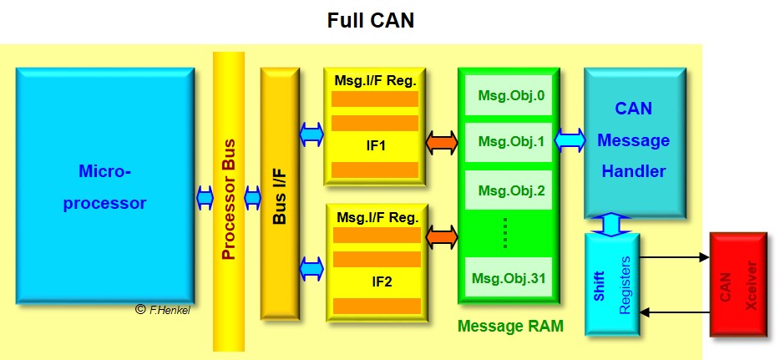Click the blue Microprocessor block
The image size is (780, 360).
(104, 185)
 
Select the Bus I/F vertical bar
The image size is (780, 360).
(280, 194)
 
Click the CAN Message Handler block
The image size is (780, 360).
(634, 140)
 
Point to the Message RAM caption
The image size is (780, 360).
(509, 327)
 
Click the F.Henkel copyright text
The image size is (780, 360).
(165, 310)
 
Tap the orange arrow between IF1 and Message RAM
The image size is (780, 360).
(442, 143)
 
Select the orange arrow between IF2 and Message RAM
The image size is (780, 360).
(442, 237)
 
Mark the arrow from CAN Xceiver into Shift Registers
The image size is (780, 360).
(675, 312)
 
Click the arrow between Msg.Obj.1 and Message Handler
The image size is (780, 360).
(570, 141)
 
